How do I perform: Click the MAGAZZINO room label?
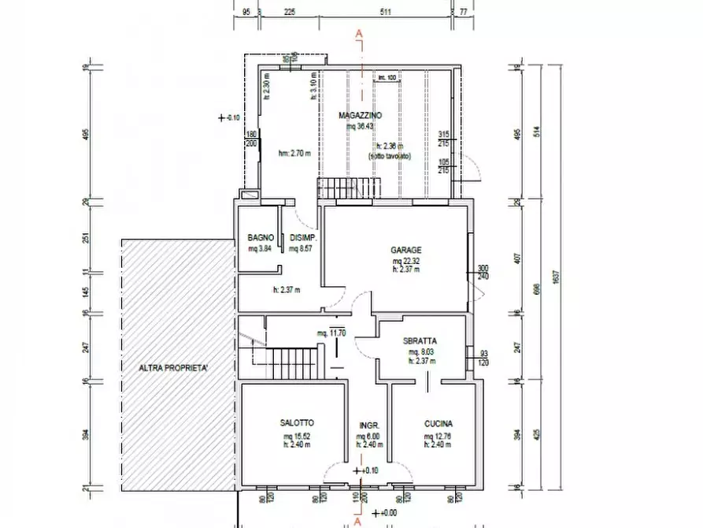coord(361,116)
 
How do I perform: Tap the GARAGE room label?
coord(406,251)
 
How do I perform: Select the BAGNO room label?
coord(260,238)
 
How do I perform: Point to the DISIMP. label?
coord(304,238)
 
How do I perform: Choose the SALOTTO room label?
coord(296,423)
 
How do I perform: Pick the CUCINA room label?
coord(437,423)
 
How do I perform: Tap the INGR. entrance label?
coord(370,423)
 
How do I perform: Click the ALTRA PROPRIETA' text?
coord(174,368)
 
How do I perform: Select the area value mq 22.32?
coord(407,261)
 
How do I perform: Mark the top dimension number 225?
coord(289,12)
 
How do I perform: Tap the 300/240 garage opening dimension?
coord(483,272)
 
